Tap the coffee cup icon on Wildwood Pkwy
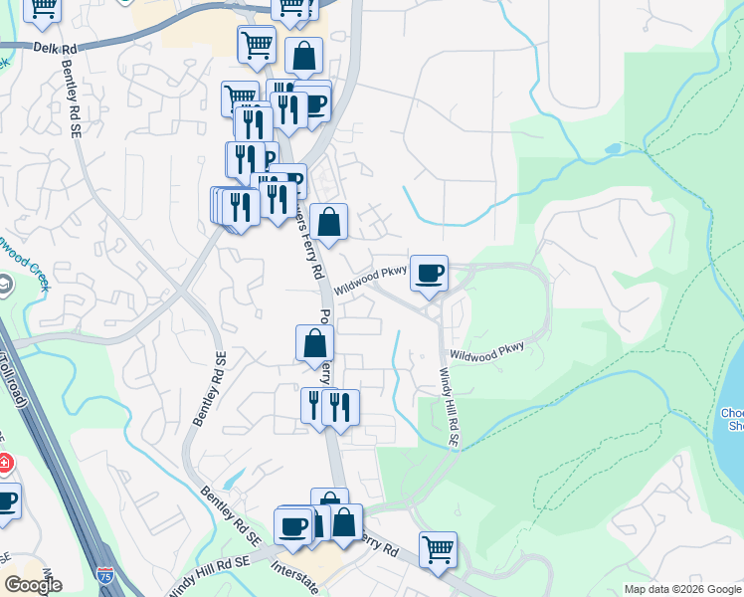coord(429,273)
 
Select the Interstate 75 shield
coord(106,574)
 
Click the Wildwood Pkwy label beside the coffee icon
coord(370,278)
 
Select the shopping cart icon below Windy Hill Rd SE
coord(438,547)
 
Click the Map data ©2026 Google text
coord(682,589)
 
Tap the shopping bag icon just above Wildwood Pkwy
coord(328,221)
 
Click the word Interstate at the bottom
coord(295,576)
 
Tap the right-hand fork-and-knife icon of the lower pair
coord(341,406)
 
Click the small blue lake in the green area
coord(611,149)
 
